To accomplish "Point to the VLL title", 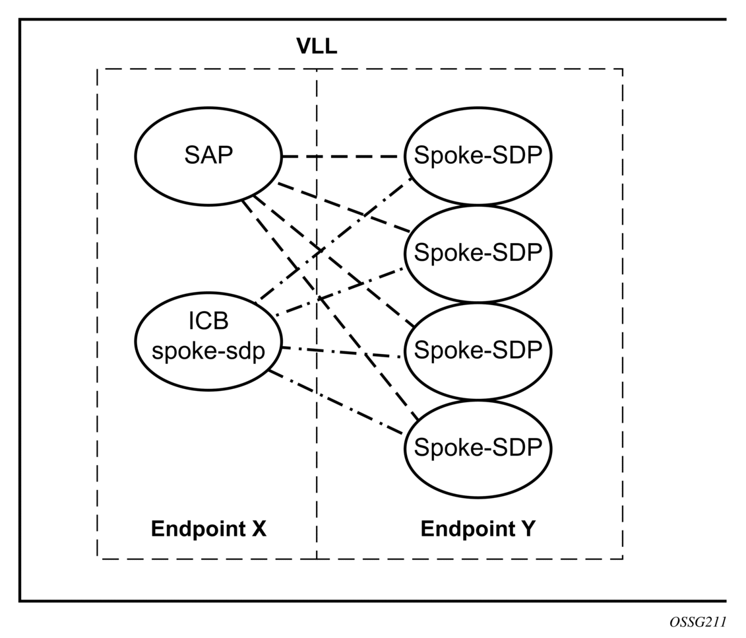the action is (x=317, y=46).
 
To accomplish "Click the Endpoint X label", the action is (x=208, y=529).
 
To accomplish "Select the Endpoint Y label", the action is (x=478, y=529).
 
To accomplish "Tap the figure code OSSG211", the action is (x=697, y=621).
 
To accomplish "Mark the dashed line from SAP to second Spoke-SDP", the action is (x=344, y=208).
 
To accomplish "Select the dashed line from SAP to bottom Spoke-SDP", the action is (x=330, y=310).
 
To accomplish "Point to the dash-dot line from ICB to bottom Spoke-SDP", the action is (x=336, y=403).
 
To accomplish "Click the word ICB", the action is (x=208, y=321).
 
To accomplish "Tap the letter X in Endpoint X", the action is (x=259, y=529).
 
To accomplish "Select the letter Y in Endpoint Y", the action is (x=528, y=529).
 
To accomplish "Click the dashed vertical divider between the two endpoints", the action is (x=317, y=314).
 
